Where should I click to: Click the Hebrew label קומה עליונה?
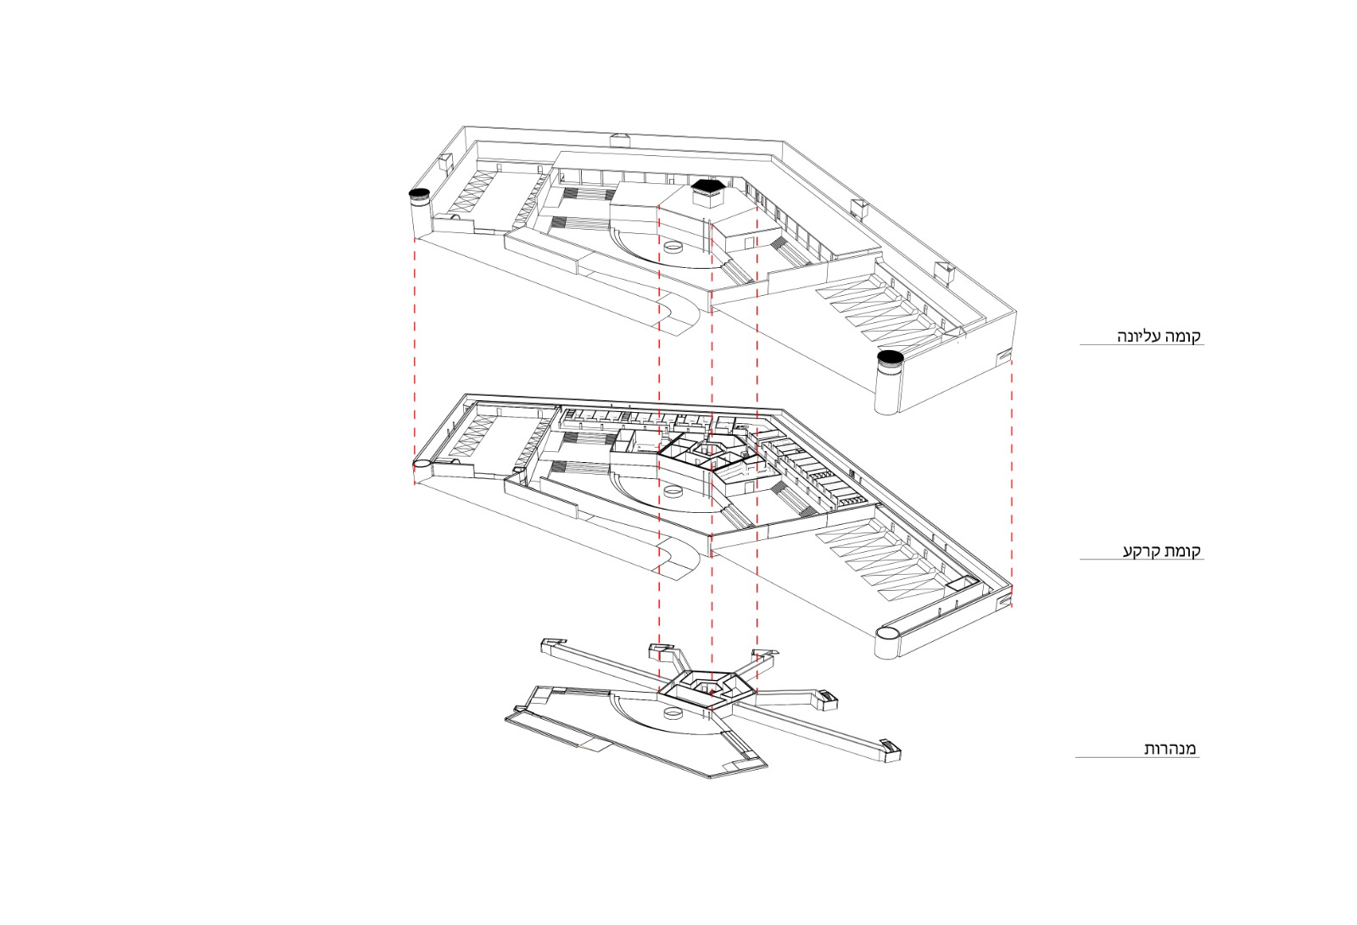[1159, 337]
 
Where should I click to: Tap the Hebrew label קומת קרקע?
[1163, 551]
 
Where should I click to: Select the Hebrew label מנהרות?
[1170, 749]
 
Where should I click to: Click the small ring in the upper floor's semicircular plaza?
[673, 248]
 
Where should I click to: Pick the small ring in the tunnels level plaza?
[673, 715]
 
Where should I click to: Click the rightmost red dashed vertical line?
[1012, 482]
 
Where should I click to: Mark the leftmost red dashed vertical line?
[415, 361]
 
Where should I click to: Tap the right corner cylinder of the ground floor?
[888, 644]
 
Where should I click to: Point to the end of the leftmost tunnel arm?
[552, 644]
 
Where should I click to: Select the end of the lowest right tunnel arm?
[889, 749]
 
